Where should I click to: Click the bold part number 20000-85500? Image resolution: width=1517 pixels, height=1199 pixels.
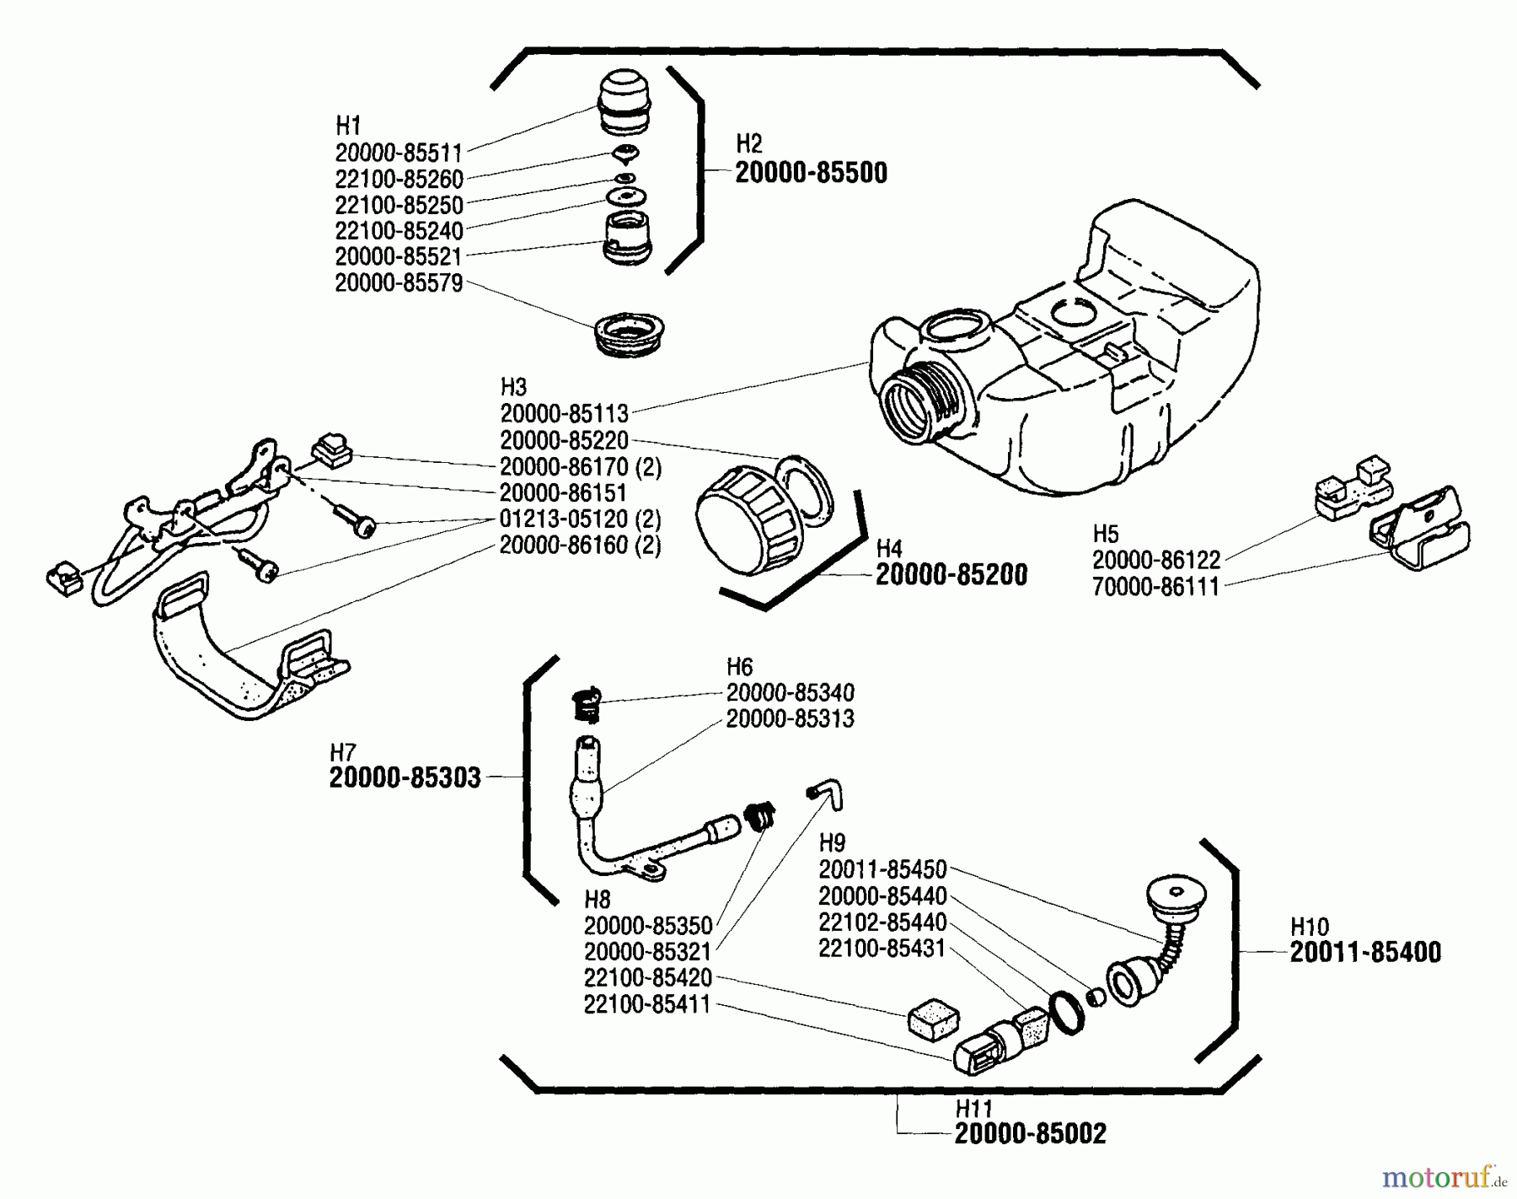tap(811, 173)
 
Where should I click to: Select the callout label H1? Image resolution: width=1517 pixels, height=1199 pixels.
tap(348, 126)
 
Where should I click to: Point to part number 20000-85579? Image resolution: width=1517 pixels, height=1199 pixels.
tap(399, 283)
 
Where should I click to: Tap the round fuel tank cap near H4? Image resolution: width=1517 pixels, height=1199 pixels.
tap(745, 522)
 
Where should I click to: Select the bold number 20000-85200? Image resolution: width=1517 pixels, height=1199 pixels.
tap(951, 575)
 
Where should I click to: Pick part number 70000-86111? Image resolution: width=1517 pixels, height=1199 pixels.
tap(1155, 587)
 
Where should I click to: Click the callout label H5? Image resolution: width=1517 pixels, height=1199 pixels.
tap(1106, 534)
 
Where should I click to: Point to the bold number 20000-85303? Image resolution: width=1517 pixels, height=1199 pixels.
tap(405, 777)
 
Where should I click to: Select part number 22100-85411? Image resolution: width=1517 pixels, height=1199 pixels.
tap(647, 1004)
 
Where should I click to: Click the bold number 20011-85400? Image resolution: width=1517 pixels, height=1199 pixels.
tap(1365, 953)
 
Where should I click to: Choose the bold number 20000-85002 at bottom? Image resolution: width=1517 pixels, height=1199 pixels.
tap(1030, 1134)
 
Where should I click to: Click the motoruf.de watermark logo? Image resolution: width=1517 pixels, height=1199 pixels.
tap(1444, 1175)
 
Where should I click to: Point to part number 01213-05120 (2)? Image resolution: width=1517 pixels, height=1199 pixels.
tap(580, 519)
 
